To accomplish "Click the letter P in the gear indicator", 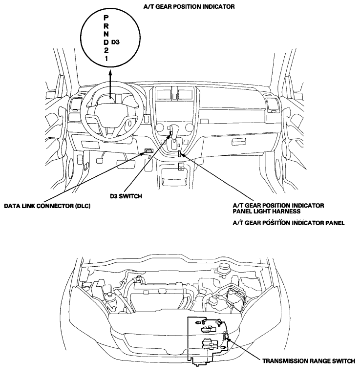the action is pos(106,18).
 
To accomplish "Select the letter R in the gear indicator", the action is pos(106,26).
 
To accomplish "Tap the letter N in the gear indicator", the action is pos(106,34).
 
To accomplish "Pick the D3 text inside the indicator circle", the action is pos(115,42).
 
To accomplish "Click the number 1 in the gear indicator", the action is pos(106,58).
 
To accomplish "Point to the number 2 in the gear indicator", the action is pos(106,50).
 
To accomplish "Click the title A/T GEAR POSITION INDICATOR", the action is pos(189,6).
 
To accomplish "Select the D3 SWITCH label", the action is pos(126,196).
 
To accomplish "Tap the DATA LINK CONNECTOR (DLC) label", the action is pos(47,206).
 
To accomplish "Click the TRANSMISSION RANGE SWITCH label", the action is pos(309,361).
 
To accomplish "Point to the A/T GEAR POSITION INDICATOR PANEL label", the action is pos(289,223).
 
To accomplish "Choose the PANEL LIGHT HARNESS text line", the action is pos(267,211).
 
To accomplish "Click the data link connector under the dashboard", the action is pos(148,150).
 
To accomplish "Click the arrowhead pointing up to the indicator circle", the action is pos(110,73).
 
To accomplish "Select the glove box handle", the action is pos(239,142).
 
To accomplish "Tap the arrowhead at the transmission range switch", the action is pos(227,338).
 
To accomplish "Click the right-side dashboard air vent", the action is pos(273,105).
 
